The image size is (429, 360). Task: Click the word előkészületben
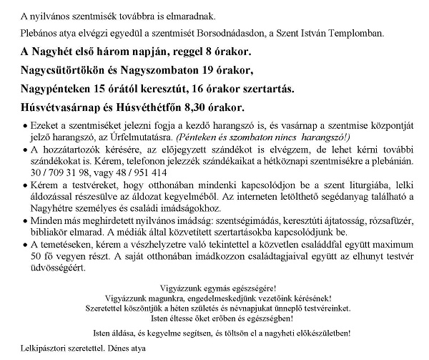coord(316,333)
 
